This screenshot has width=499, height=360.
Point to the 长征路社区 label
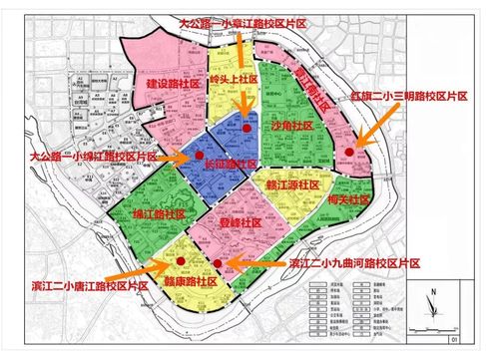[x=225, y=163]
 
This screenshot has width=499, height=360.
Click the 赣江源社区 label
[x=291, y=185]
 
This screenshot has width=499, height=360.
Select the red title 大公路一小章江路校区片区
[x=241, y=20]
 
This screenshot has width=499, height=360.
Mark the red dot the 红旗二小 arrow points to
[x=348, y=151]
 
